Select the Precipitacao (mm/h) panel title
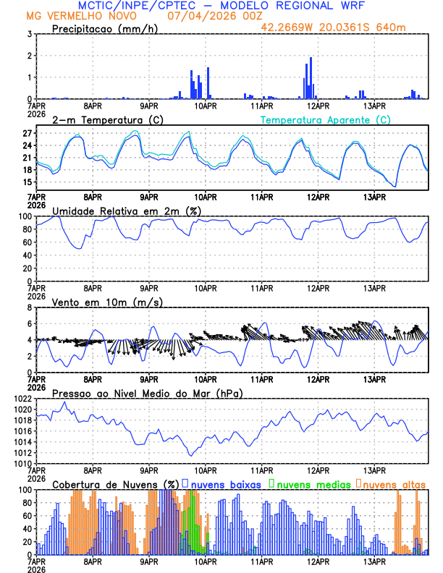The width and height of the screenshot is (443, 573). pyautogui.click(x=104, y=28)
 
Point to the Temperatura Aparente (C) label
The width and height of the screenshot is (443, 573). pyautogui.click(x=325, y=119)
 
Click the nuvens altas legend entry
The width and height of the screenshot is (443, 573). pyautogui.click(x=393, y=483)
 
